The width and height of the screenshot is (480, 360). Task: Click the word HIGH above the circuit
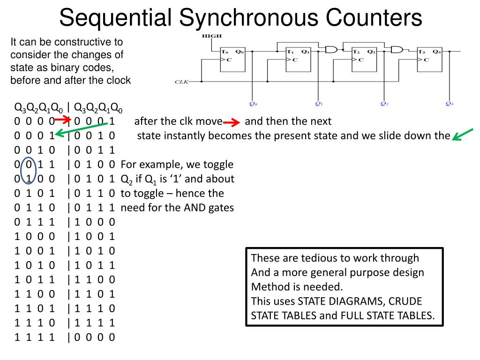pos(209,36)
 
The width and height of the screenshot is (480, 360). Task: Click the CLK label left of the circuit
pos(181,82)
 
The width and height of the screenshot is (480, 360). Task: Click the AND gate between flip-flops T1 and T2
pos(332,49)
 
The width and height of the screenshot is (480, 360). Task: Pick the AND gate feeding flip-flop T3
pos(397,49)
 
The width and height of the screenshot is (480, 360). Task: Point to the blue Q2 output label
pos(384,104)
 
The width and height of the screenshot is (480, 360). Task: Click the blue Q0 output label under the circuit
pos(253,104)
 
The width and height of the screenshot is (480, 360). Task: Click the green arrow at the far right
pos(464,135)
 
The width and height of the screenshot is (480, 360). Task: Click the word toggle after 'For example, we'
pos(217,165)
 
